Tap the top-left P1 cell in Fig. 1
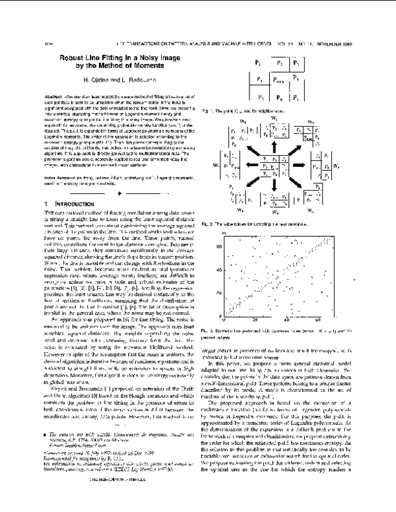click(259, 64)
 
